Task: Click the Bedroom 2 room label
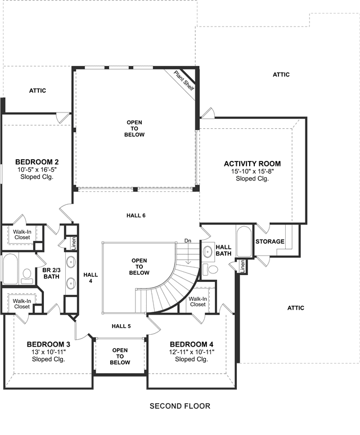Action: click(37, 162)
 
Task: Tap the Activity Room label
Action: click(252, 164)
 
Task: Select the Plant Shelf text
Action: click(184, 80)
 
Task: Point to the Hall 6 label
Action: click(136, 216)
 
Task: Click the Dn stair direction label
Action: click(188, 240)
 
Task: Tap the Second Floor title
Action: click(180, 406)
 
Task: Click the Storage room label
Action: click(270, 241)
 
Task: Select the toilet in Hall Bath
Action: click(210, 269)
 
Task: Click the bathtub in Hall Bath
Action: click(244, 241)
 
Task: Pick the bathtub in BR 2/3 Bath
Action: click(11, 268)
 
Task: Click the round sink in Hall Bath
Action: click(208, 252)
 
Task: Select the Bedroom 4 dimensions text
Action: click(192, 352)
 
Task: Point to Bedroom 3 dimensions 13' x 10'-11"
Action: click(48, 352)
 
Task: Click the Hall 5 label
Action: click(121, 326)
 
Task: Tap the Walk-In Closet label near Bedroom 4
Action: click(198, 302)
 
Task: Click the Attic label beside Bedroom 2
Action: click(38, 91)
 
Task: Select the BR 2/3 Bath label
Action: click(51, 273)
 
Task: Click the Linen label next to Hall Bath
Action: click(242, 266)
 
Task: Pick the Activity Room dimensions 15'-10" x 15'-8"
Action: click(253, 172)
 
